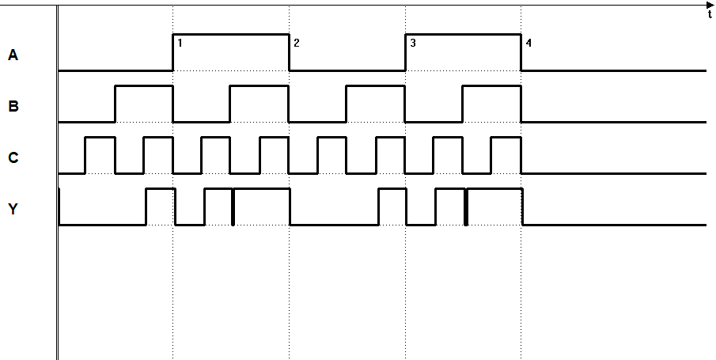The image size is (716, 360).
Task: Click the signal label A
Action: point(13,55)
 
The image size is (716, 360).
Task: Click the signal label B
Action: point(13,107)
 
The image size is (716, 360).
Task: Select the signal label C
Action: point(13,157)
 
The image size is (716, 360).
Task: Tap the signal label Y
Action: point(13,209)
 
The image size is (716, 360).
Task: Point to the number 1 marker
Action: point(180,43)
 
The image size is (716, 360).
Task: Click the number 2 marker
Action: point(297,43)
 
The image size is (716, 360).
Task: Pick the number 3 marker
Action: point(413,43)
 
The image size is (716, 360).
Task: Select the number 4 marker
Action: point(528,43)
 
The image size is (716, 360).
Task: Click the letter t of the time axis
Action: point(710,14)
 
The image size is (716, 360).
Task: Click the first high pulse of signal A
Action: point(231,52)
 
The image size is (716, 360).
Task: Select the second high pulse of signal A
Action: point(463,52)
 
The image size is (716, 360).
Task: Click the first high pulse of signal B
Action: point(144,104)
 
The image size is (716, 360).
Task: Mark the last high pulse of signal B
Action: point(492,104)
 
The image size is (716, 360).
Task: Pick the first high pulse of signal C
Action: point(100,155)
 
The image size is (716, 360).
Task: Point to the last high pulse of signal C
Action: point(506,155)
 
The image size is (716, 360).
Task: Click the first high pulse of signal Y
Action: point(161,207)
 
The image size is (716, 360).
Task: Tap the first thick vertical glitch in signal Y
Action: point(233,207)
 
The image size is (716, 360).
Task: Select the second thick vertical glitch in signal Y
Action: point(466,207)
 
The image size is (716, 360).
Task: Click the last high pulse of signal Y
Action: point(495,207)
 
